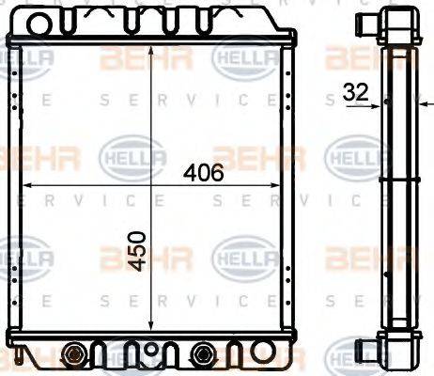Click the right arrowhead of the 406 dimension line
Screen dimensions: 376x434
[279, 185]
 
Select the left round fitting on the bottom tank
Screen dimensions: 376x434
[74, 354]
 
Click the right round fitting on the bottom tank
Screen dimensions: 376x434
[201, 354]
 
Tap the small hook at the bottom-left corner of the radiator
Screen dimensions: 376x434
[19, 357]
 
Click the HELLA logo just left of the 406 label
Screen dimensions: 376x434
[132, 155]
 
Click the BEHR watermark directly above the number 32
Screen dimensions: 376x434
[358, 58]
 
